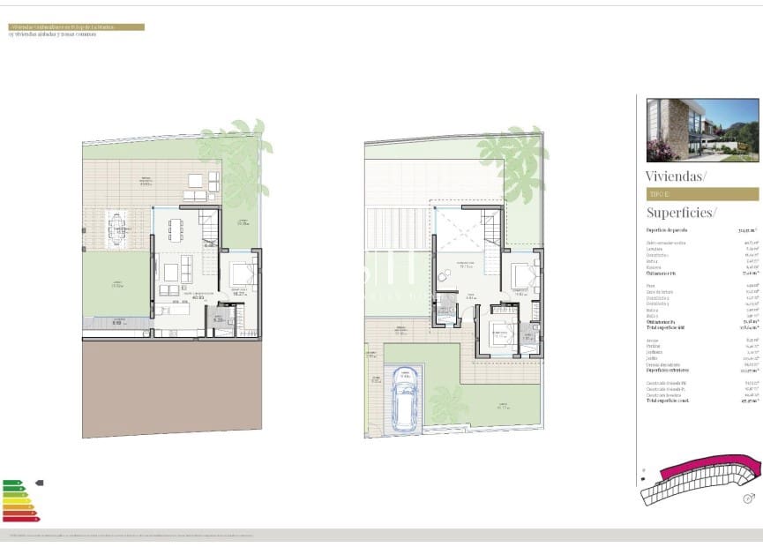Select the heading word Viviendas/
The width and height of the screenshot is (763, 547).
pos(676,176)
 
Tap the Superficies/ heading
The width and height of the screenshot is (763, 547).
pos(681,212)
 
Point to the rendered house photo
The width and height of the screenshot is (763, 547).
pos(702,130)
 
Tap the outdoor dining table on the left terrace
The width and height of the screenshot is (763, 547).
pos(118,229)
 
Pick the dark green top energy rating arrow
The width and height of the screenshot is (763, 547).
pos(12,483)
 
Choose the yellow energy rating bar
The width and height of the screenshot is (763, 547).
pos(17,501)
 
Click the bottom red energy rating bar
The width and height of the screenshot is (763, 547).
pos(20,518)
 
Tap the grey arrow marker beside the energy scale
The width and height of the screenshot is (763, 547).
pos(39,483)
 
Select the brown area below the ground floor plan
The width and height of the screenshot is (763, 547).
pos(172,388)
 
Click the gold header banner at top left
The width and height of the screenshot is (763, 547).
pos(76,27)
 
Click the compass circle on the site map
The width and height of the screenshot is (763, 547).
pos(748,498)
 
